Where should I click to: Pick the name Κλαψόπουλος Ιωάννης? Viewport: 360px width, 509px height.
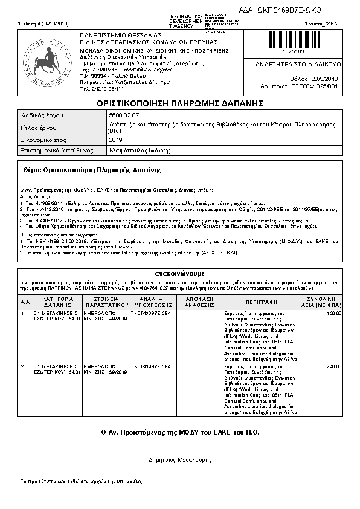pos(135,149)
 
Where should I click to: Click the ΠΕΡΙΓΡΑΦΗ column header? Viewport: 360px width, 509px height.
pos(261,302)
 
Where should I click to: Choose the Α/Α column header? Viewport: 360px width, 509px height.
pos(25,302)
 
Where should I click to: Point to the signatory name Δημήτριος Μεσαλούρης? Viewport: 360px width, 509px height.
pos(180,459)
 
